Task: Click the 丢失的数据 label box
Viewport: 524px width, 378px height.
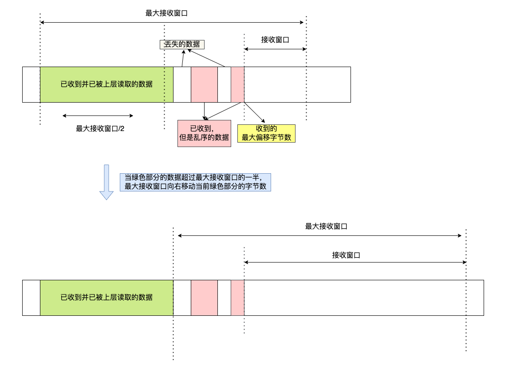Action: tap(182, 44)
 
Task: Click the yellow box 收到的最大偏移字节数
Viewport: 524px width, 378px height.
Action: tap(266, 133)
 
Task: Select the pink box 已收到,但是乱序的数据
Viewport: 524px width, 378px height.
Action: tap(204, 133)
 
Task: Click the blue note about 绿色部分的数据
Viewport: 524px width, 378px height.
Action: tap(195, 182)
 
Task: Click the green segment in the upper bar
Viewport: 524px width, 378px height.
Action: tap(106, 84)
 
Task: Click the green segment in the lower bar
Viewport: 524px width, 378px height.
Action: tap(106, 298)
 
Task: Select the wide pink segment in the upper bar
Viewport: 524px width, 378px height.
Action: tap(204, 84)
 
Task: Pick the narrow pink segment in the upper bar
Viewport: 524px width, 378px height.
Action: tap(237, 84)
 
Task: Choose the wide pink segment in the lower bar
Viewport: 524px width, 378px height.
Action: tap(204, 298)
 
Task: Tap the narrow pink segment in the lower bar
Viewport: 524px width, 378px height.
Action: tap(237, 298)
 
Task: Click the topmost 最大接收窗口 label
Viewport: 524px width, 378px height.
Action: tap(166, 13)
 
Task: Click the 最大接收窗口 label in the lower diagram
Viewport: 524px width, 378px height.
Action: tap(326, 227)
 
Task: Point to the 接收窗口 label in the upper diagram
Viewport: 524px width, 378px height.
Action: tap(275, 40)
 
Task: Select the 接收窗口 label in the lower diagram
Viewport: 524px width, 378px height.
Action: tap(346, 255)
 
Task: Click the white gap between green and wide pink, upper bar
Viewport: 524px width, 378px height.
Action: tap(182, 84)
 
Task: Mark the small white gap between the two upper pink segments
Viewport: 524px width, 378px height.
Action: tap(224, 84)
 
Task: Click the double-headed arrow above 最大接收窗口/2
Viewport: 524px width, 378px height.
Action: tap(98, 115)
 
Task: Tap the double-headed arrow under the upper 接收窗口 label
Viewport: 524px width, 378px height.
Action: tap(275, 49)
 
